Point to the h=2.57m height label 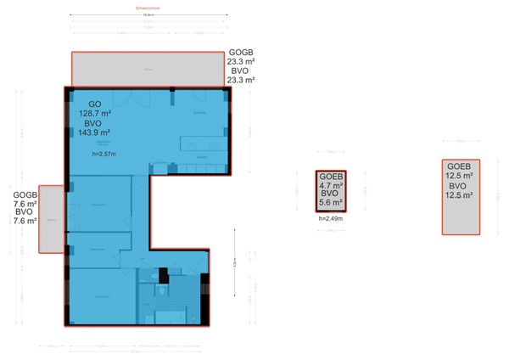(x=104, y=154)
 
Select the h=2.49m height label (x=330, y=219)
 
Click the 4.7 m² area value (x=331, y=185)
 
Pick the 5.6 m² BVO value (x=331, y=203)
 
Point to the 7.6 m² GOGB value (x=25, y=204)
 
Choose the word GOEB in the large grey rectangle (x=459, y=166)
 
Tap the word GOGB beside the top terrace (x=241, y=52)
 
